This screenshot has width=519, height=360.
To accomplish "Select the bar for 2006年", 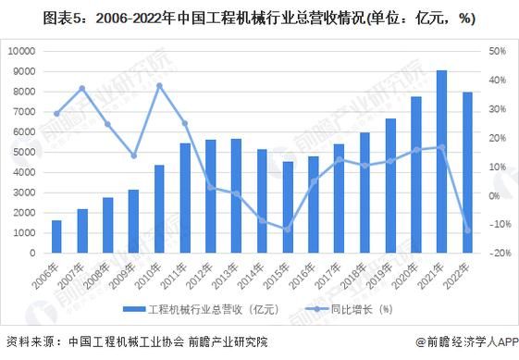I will click(x=56, y=236).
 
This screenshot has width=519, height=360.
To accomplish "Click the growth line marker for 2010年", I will click(x=159, y=85).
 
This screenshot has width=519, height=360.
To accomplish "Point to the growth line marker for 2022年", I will click(x=467, y=230).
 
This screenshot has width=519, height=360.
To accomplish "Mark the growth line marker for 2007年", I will click(x=82, y=88).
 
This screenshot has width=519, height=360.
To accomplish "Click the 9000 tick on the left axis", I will click(x=24, y=71).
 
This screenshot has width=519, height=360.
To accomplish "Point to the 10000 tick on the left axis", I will click(x=21, y=51).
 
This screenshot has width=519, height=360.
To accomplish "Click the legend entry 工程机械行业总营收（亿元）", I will click(x=196, y=309).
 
